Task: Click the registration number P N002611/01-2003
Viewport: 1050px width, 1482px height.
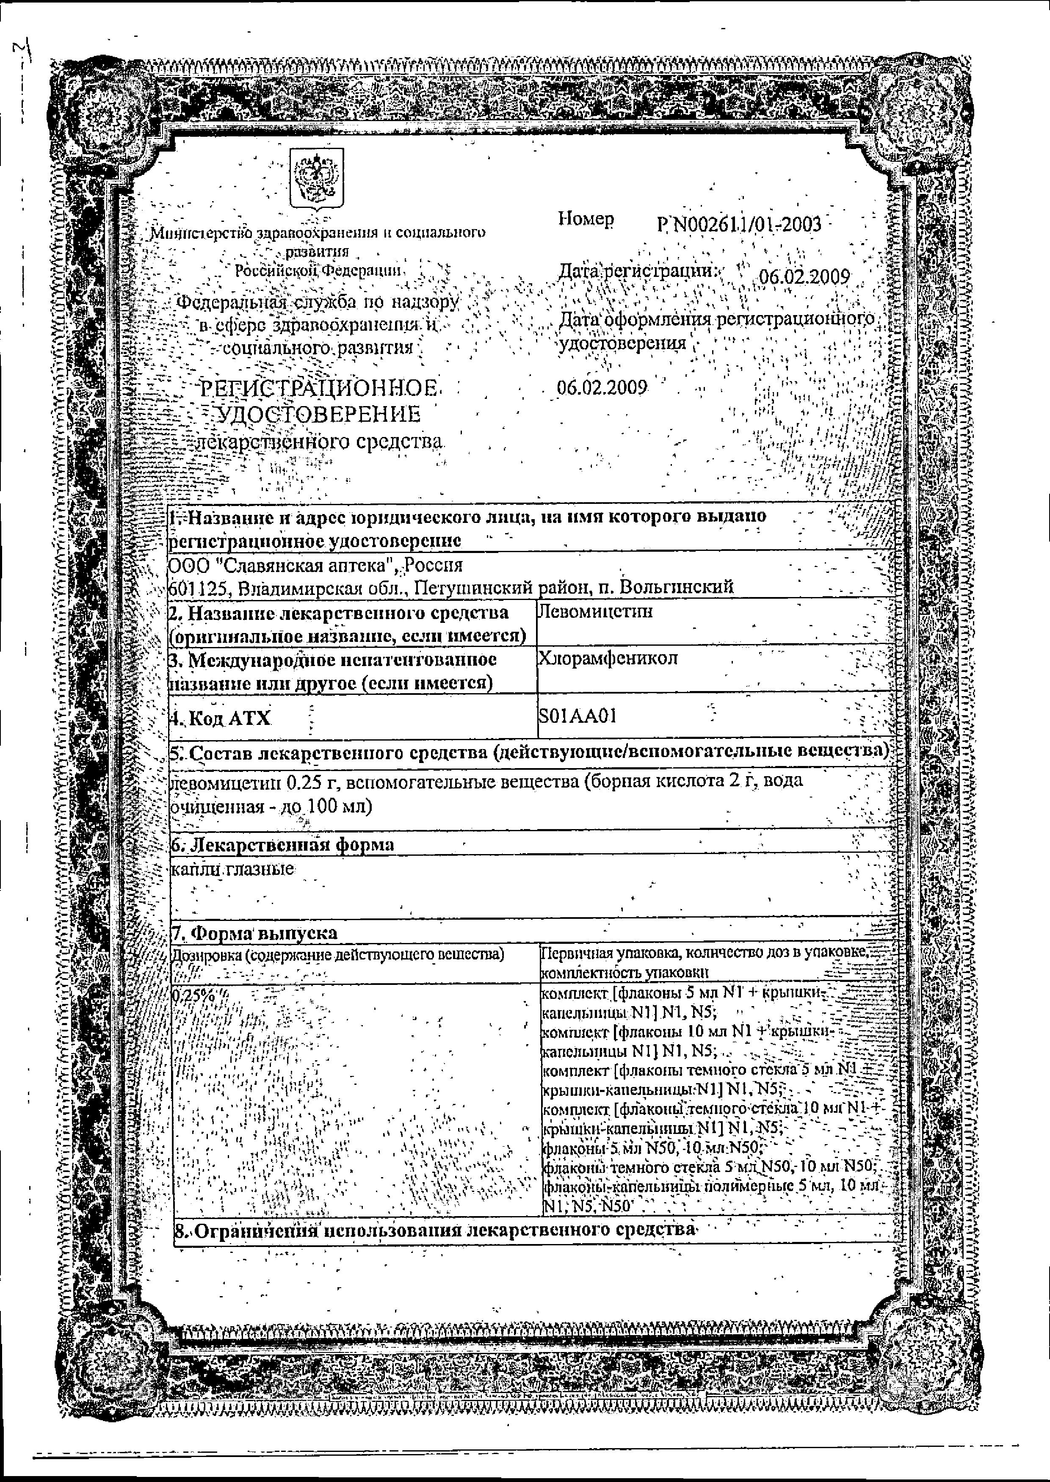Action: [x=739, y=224]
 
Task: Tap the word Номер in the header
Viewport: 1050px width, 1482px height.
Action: [x=586, y=220]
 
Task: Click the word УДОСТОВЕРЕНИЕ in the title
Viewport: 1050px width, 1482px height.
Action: [x=319, y=415]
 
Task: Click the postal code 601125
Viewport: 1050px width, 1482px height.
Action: [x=197, y=587]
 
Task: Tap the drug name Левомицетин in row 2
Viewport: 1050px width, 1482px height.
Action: [x=595, y=612]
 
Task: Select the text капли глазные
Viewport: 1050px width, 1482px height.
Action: [x=233, y=870]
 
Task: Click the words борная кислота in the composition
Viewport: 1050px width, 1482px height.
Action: [x=656, y=781]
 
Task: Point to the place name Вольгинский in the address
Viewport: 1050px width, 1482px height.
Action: [x=676, y=587]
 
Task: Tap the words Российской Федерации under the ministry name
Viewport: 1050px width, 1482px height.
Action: [x=318, y=270]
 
